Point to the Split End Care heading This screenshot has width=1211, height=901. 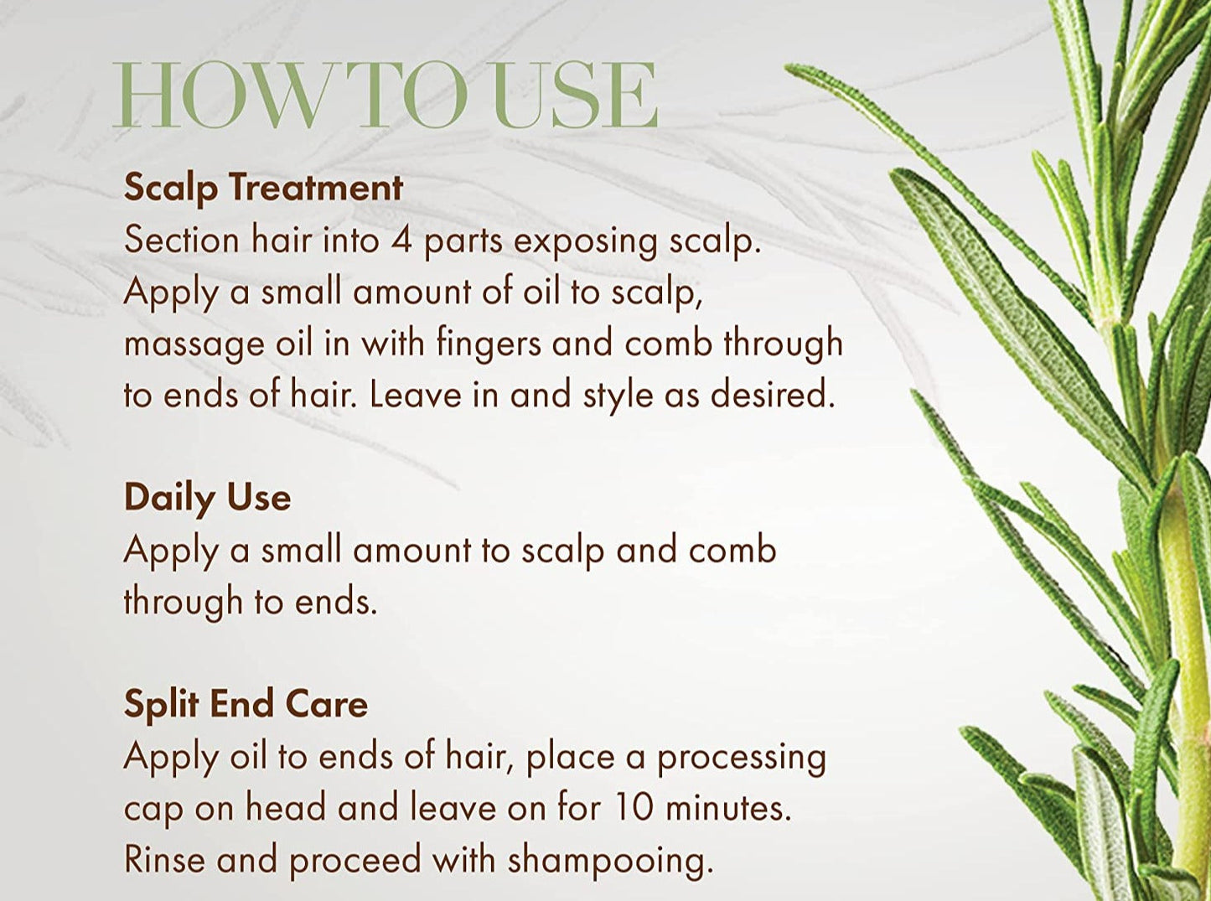click(246, 704)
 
